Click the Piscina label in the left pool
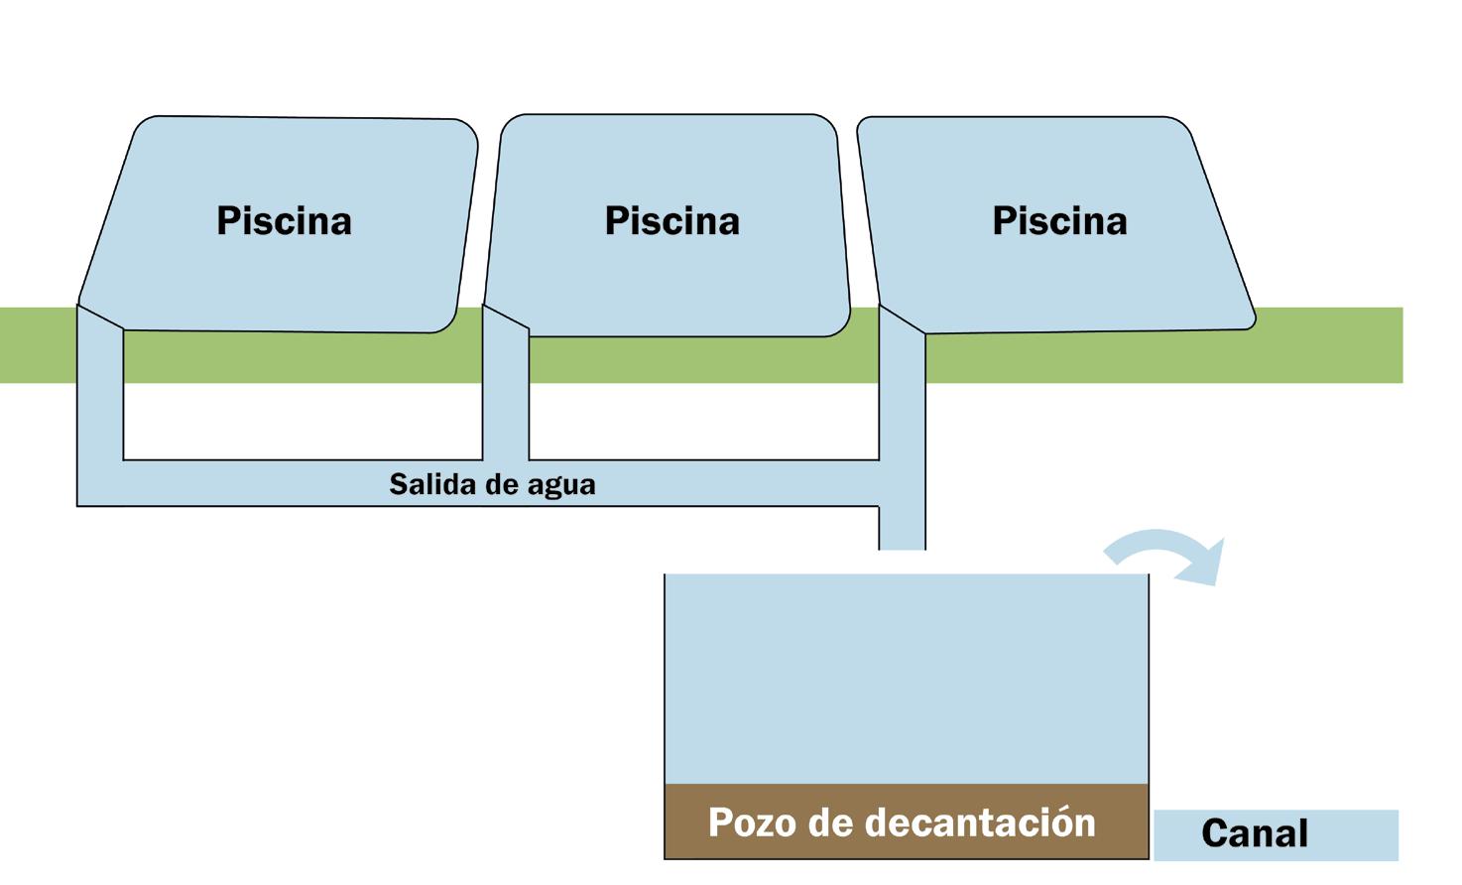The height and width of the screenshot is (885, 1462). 284,220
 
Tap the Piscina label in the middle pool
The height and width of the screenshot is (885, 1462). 671,220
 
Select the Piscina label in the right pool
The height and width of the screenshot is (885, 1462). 1059,220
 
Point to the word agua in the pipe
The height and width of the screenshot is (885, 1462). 561,485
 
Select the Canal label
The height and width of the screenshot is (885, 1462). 1254,833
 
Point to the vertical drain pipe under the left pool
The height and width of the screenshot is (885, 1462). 100,397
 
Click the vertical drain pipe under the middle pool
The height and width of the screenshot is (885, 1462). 506,397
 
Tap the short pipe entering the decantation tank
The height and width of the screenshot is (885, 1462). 903,530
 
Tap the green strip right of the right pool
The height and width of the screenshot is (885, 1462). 1329,345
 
